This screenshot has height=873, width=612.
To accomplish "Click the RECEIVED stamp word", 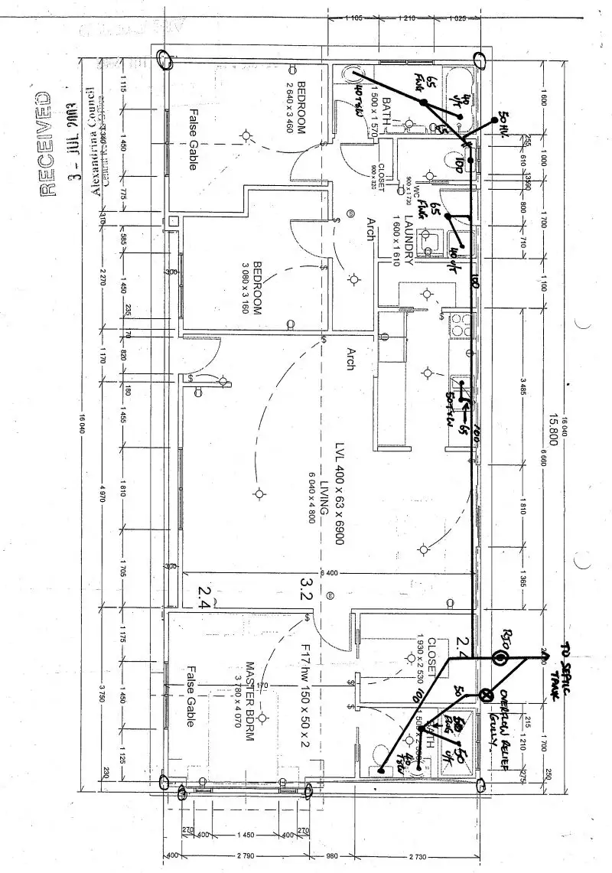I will click(44, 145).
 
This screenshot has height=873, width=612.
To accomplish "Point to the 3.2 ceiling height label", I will click(307, 588).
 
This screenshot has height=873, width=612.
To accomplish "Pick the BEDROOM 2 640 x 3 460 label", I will click(296, 108).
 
